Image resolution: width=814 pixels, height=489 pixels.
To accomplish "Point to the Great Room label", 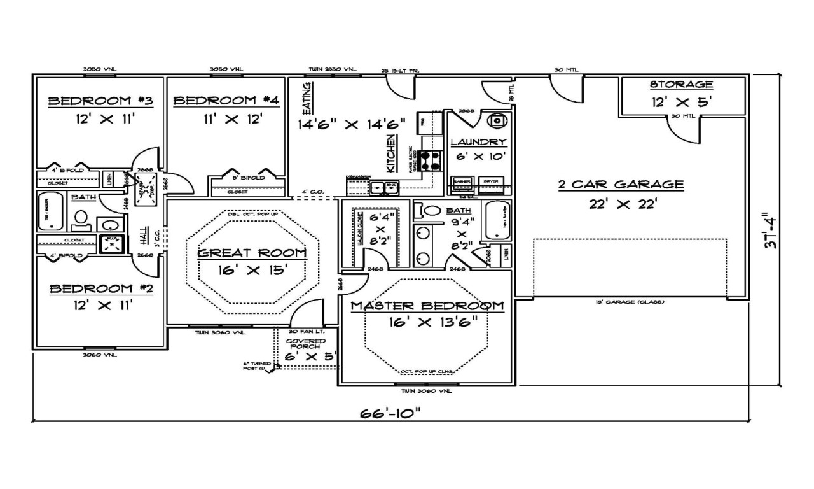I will (x=252, y=253).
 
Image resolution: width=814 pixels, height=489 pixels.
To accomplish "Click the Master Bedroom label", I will (x=427, y=306).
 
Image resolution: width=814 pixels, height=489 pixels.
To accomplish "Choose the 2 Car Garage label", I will (x=621, y=185).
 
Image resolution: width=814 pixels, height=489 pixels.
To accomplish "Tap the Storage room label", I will (x=681, y=85).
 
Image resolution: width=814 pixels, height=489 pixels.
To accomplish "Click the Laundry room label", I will (x=478, y=142).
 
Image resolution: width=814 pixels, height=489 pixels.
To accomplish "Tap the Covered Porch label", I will (x=306, y=344).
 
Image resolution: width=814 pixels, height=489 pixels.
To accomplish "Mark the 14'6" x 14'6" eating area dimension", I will (x=352, y=124).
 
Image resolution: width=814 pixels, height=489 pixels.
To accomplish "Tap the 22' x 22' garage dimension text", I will (x=621, y=204).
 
